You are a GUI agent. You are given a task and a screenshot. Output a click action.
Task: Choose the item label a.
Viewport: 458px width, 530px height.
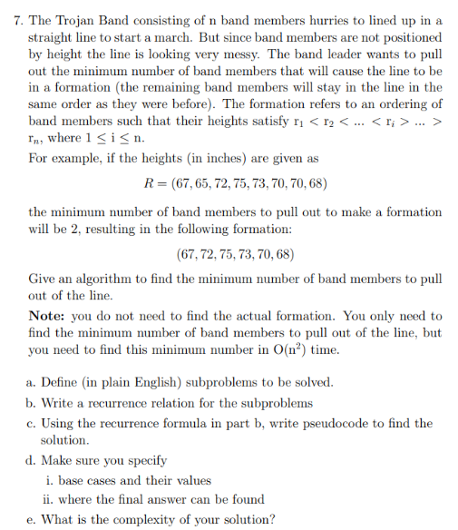coord(33,383)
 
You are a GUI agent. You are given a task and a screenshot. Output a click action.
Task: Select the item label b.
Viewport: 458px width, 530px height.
coord(33,403)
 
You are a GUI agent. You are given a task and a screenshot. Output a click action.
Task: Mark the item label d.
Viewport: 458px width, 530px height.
coord(33,461)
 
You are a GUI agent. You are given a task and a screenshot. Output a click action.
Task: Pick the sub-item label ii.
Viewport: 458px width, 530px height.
coord(49,500)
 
